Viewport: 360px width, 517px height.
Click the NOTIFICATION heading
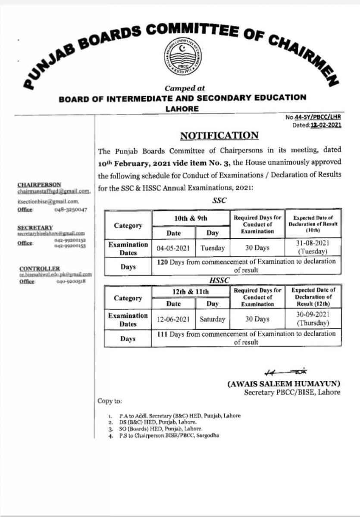point(219,136)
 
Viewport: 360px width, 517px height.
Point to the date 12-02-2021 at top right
point(326,125)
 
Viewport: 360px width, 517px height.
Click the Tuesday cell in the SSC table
point(213,248)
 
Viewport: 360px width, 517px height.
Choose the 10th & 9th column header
point(191,218)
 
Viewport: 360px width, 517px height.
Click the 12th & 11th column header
point(191,292)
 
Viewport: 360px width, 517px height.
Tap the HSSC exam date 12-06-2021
point(173,320)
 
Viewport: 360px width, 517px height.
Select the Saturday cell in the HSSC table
point(212,320)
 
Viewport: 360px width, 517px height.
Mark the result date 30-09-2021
point(313,315)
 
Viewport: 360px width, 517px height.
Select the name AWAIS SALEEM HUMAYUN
point(284,383)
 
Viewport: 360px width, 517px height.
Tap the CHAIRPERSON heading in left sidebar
point(39,184)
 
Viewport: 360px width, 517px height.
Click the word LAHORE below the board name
point(182,109)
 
